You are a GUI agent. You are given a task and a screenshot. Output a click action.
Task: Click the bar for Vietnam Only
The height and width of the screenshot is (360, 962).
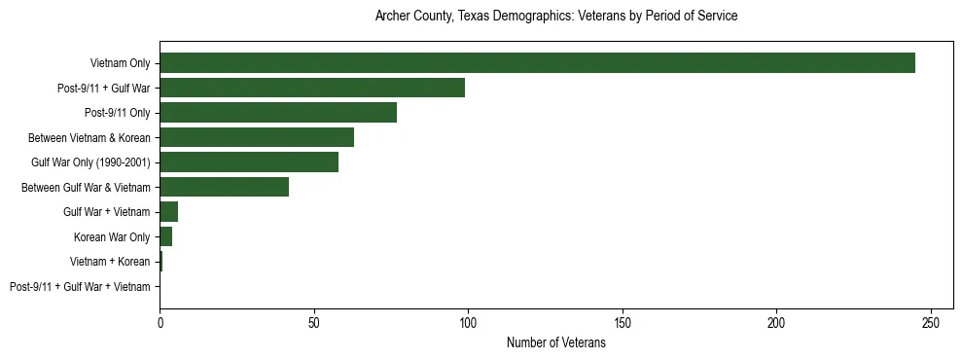pyautogui.click(x=537, y=63)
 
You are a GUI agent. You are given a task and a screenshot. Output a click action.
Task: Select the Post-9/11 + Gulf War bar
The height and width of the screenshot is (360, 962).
pyautogui.click(x=312, y=88)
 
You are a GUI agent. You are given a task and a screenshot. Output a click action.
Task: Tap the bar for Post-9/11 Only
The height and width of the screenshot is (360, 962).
pyautogui.click(x=278, y=113)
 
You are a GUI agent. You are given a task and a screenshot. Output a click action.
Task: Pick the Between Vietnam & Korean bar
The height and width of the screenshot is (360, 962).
pyautogui.click(x=257, y=137)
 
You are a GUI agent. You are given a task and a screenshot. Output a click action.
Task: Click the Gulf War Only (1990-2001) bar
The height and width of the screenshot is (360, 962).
pyautogui.click(x=249, y=162)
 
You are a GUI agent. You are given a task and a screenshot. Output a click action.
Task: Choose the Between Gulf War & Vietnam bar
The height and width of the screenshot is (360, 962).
pyautogui.click(x=225, y=187)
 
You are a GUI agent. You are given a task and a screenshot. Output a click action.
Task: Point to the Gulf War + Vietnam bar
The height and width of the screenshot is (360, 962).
pyautogui.click(x=169, y=212)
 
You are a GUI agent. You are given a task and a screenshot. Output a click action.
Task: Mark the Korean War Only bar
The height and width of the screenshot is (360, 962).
pyautogui.click(x=166, y=236)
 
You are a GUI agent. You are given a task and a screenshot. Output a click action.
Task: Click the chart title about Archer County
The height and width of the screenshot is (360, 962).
pyautogui.click(x=555, y=17)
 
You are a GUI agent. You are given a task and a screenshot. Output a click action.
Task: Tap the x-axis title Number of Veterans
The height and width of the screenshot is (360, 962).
pyautogui.click(x=555, y=343)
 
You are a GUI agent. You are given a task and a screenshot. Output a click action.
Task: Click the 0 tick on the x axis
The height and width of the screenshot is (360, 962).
pyautogui.click(x=160, y=322)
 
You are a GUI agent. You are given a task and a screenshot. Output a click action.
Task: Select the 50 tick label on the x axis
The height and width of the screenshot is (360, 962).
pyautogui.click(x=314, y=322)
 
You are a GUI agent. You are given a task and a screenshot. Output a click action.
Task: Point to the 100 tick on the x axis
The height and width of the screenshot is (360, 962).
pyautogui.click(x=468, y=322)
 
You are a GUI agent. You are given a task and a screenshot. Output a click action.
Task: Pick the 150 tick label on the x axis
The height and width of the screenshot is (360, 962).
pyautogui.click(x=623, y=322)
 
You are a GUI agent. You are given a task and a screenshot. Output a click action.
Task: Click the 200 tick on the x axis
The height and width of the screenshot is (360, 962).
pyautogui.click(x=776, y=322)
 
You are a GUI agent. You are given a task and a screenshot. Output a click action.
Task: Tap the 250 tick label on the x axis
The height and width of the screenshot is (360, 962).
pyautogui.click(x=931, y=322)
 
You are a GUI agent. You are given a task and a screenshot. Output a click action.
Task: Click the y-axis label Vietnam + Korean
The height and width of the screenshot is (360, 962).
pyautogui.click(x=110, y=262)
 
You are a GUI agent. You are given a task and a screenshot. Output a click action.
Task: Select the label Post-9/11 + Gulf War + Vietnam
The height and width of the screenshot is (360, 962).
pyautogui.click(x=80, y=287)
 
